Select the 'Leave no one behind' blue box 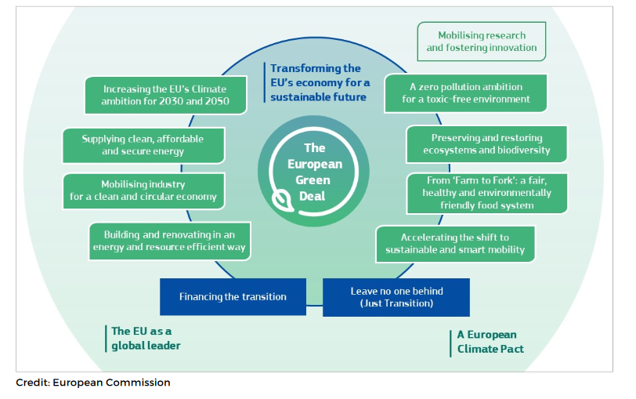click(x=396, y=297)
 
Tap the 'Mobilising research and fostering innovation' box click(x=481, y=42)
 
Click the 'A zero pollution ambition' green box click(x=465, y=93)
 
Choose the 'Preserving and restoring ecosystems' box click(x=486, y=143)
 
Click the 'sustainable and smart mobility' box click(x=455, y=244)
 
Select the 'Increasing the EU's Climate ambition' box click(x=165, y=95)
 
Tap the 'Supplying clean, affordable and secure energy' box click(x=143, y=145)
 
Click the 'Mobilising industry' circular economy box click(x=143, y=190)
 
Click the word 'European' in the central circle click(x=315, y=164)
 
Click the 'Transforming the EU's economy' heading click(x=318, y=83)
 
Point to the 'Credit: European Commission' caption click(x=92, y=383)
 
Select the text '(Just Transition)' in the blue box click(x=396, y=303)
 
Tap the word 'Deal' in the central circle click(x=315, y=194)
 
